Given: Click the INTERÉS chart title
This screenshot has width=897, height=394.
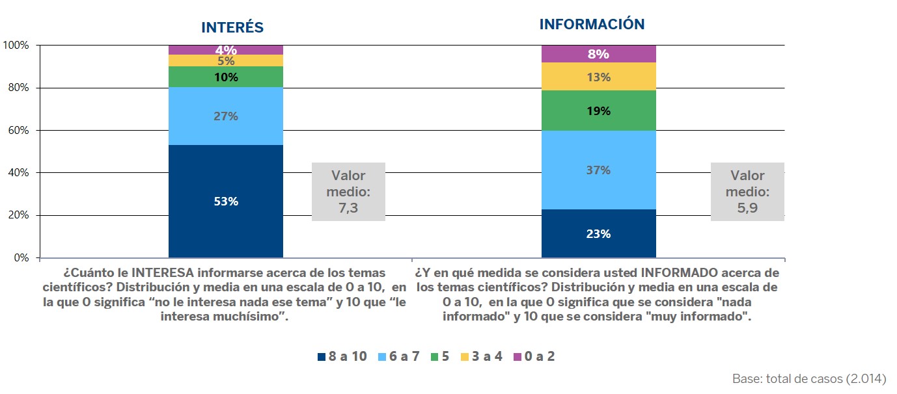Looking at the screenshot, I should coord(232,27).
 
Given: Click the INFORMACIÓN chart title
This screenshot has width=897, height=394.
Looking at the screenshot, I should coord(592,25).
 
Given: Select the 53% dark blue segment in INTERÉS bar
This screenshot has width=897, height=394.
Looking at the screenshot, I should coord(226,202).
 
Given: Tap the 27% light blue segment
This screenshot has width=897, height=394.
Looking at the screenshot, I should coord(226,116).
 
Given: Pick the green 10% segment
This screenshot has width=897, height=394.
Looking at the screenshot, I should coord(226,77).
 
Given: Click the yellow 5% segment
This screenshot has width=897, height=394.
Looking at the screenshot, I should coord(226,60).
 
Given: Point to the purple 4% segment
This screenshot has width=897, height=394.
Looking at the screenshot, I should coord(226,49).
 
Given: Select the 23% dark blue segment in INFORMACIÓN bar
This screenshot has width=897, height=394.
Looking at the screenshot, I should coord(598,233).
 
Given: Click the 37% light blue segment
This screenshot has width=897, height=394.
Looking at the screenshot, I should coord(598,170).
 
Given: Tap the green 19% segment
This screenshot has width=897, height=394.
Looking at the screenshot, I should coord(598,111).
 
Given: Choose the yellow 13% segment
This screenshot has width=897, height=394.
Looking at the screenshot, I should coord(598,77).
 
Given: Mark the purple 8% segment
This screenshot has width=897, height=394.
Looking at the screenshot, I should coord(598,54).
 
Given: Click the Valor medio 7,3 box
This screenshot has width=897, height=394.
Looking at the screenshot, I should coord(348,192).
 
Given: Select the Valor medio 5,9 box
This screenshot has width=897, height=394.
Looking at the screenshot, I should coord(747,192).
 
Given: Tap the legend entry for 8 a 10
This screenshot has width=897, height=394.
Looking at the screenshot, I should coord(342,356).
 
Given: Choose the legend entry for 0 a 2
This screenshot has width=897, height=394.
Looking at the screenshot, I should coord(534,356).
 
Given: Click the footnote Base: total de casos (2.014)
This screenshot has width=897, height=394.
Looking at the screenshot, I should coord(808,379).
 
